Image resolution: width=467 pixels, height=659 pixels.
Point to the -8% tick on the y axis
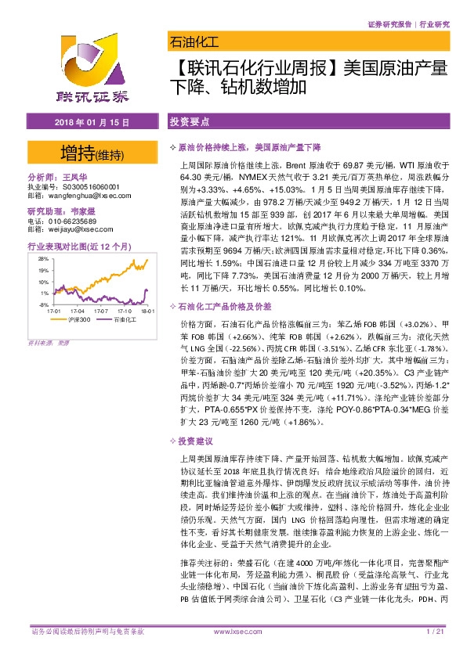click(44, 304)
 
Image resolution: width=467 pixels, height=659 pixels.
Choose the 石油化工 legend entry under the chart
click(124, 320)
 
